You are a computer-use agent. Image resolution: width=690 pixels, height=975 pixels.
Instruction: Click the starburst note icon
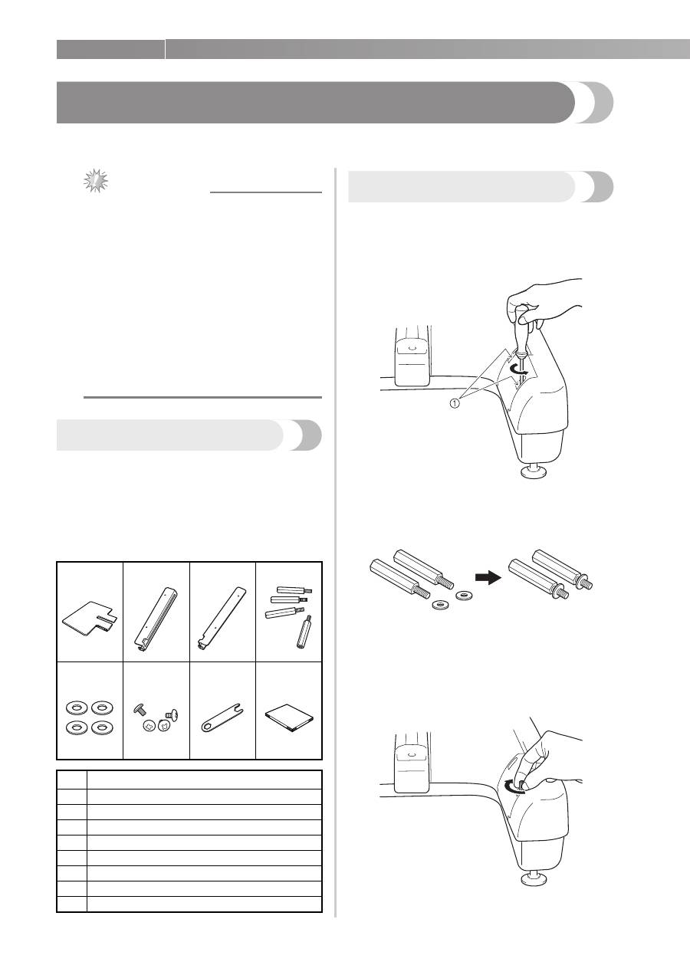coord(96,181)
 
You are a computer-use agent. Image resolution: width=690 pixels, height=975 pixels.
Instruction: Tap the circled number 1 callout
coord(454,403)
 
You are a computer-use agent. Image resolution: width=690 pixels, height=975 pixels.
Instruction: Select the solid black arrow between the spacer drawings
coord(489,579)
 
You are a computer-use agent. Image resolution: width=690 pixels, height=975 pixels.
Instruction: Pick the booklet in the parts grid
coord(289,717)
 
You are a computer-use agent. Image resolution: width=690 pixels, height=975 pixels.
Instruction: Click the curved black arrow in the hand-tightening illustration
coord(514,786)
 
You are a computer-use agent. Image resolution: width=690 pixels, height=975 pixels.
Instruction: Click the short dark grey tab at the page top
coord(110,49)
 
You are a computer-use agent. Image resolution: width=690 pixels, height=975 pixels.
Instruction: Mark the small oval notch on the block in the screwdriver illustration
coord(412,348)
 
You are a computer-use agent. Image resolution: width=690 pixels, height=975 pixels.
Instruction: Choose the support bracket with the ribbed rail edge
coord(156,620)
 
